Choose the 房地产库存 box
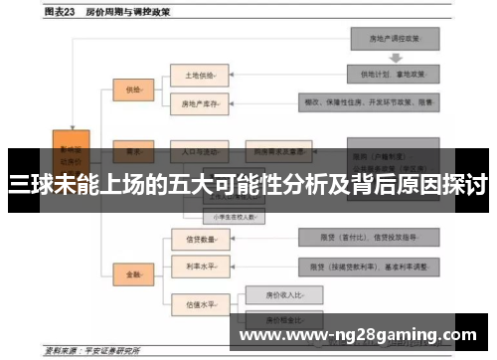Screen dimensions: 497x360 click(200, 102)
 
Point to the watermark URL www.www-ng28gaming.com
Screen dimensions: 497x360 click(359, 335)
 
